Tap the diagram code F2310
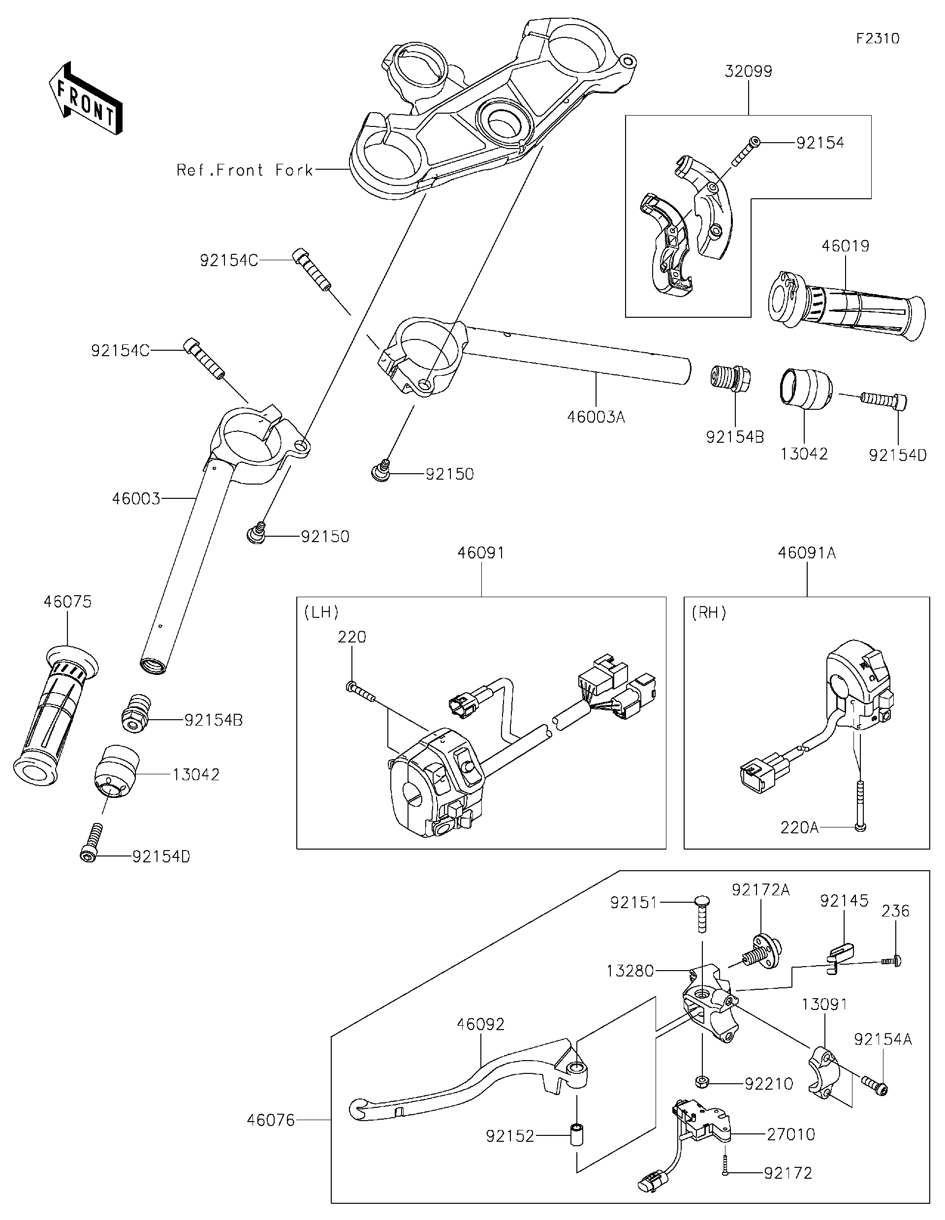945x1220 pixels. point(878,38)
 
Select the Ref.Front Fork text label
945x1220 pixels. point(245,170)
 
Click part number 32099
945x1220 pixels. point(748,71)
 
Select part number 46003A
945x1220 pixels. point(596,417)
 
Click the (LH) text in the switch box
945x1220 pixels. point(321,613)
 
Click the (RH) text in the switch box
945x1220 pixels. point(709,613)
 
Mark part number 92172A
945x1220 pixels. point(760,890)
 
